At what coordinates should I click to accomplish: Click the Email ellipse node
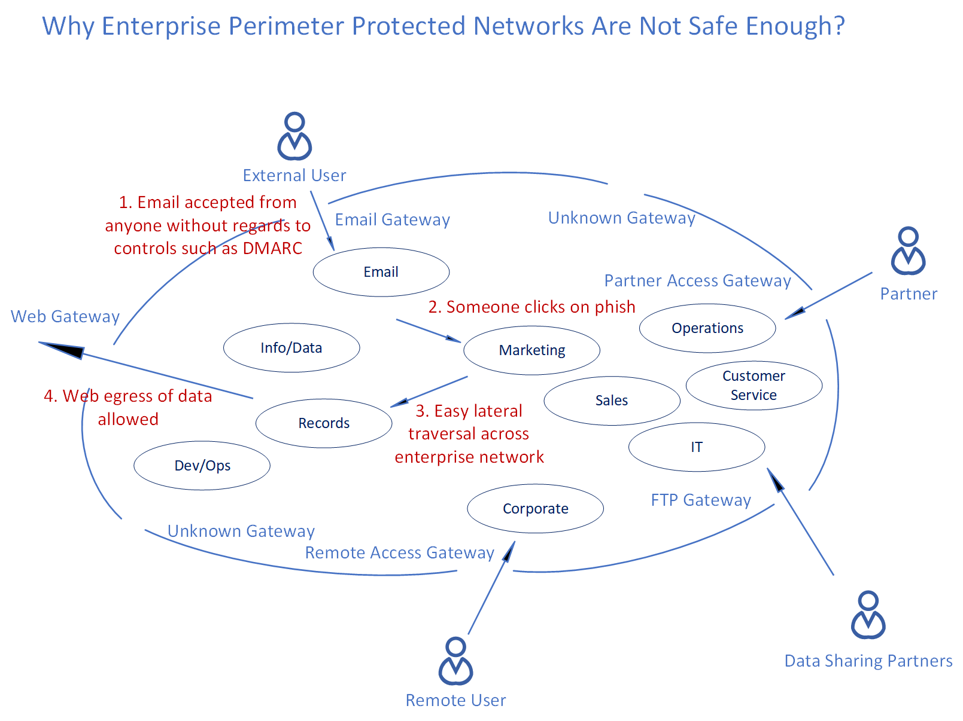coord(381,272)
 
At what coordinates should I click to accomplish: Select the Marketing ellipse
coord(531,350)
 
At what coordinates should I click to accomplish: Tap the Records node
coord(324,423)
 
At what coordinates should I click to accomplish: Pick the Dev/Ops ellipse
coord(202,466)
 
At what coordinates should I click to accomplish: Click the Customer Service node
coord(754,386)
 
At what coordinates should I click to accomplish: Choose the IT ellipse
coord(697,447)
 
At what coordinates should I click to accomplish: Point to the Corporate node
coord(535,509)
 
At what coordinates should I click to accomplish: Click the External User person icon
coord(294,136)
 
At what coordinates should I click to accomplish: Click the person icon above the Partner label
coord(908,251)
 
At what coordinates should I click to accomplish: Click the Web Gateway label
coord(65,316)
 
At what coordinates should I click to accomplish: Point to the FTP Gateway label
coord(701,500)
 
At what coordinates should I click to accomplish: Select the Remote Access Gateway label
coord(399,552)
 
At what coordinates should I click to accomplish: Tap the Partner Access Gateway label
coord(697,280)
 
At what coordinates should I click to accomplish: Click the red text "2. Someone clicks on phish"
coord(531,307)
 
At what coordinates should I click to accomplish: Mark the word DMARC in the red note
coord(272,248)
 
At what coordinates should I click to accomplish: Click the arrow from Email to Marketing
coord(427,330)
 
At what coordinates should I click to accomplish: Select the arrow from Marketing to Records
coord(429,392)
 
